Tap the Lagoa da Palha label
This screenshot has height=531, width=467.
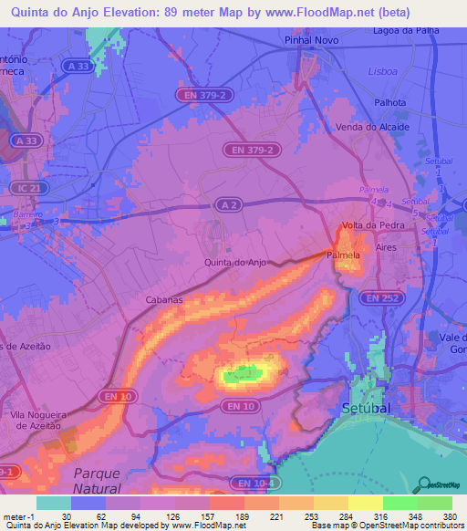click(x=406, y=30)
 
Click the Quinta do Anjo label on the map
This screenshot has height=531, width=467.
click(x=235, y=263)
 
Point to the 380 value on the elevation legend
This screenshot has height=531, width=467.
click(x=450, y=515)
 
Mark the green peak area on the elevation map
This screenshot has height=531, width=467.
click(x=241, y=372)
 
